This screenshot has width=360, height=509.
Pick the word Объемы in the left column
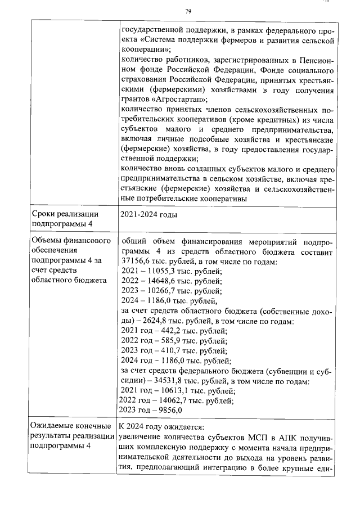tap(47, 241)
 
